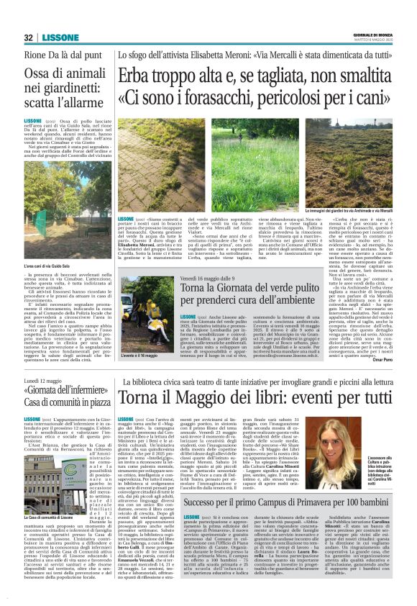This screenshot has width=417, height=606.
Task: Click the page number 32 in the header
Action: pyautogui.click(x=28, y=37)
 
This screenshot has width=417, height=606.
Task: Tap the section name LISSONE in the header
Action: pyautogui.click(x=55, y=37)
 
